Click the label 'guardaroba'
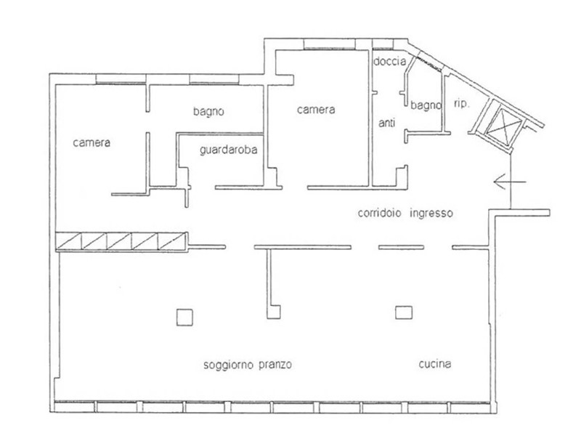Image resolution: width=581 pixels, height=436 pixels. [228, 150]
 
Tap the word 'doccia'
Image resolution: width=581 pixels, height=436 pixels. [389, 61]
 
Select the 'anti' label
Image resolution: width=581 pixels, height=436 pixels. [386, 122]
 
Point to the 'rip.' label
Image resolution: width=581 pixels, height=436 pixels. [461, 104]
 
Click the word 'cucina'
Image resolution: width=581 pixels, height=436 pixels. [435, 364]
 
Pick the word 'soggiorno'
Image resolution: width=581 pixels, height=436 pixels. [228, 365]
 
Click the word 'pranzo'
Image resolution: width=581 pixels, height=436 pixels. [275, 365]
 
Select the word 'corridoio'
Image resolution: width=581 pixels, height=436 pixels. [379, 213]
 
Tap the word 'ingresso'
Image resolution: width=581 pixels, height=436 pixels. [431, 214]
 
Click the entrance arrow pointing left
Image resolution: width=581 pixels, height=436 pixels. [510, 182]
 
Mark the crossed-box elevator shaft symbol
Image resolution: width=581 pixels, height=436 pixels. [499, 126]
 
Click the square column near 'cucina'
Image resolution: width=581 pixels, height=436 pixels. [404, 312]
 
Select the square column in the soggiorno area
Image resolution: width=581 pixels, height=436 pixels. [184, 318]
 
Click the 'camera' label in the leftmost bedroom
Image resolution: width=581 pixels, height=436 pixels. [92, 142]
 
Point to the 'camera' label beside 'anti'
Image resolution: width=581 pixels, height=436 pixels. [316, 110]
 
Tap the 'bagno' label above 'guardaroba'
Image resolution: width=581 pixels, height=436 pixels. [208, 111]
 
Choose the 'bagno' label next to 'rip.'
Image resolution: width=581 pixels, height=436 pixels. [426, 105]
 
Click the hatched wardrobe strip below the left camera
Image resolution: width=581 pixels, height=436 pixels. [121, 242]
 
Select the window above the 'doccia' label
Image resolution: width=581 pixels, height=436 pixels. [383, 45]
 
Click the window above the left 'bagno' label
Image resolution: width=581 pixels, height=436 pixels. [214, 79]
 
